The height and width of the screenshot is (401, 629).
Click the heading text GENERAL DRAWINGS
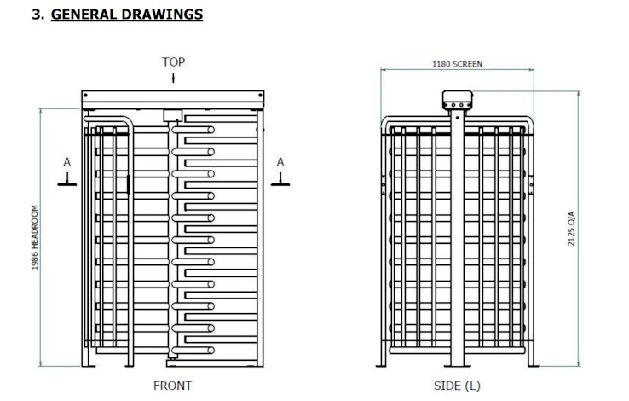click(x=127, y=15)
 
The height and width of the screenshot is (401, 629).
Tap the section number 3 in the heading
click(x=37, y=15)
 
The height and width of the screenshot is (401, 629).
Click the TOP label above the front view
click(x=173, y=61)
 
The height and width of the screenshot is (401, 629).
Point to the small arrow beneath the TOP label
click(x=173, y=78)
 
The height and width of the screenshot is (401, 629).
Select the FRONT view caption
click(x=172, y=386)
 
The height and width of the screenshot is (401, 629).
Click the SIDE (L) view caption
click(x=457, y=386)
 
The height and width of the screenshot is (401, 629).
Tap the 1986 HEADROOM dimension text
click(x=35, y=237)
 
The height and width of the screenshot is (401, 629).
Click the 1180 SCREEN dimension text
click(x=457, y=64)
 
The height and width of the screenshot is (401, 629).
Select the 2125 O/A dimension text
click(x=571, y=229)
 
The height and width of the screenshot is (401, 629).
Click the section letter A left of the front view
click(x=67, y=162)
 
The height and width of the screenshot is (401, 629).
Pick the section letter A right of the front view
click(x=280, y=162)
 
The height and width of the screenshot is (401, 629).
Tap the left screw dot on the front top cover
click(x=85, y=96)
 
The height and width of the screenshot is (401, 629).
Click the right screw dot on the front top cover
click(x=260, y=96)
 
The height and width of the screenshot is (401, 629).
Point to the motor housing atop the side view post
click(x=458, y=100)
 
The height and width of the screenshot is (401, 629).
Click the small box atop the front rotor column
click(x=173, y=115)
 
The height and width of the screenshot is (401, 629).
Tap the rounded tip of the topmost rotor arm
click(x=211, y=130)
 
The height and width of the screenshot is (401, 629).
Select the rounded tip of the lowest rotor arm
click(x=211, y=351)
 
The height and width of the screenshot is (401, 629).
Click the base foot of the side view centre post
click(x=458, y=366)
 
